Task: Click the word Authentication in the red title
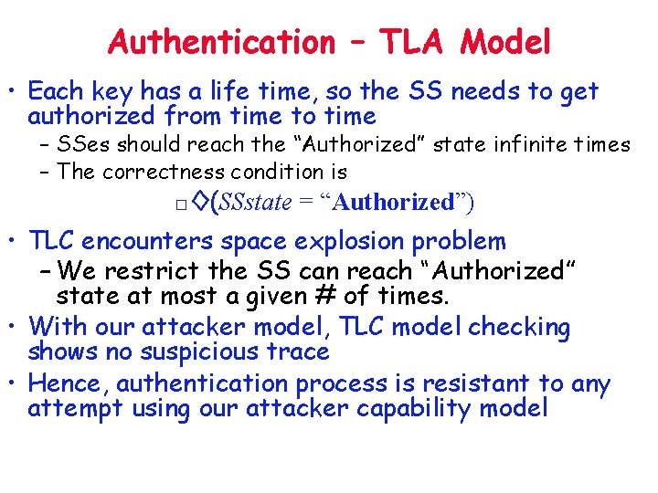222,42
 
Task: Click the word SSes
84,144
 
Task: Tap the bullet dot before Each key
16,93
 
